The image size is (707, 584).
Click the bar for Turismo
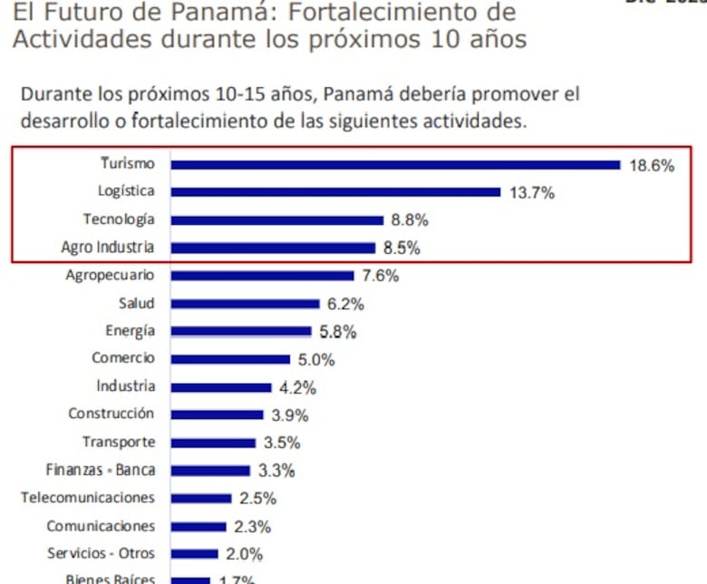(x=395, y=164)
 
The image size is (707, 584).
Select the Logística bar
(x=335, y=192)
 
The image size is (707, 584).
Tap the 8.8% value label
(x=410, y=219)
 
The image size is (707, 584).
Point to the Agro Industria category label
(x=108, y=248)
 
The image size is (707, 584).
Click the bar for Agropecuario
(x=262, y=276)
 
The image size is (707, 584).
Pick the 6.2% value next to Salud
(x=345, y=304)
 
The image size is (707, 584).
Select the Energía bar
(x=241, y=332)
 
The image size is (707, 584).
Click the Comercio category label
(x=123, y=358)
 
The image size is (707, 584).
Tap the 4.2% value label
(x=297, y=388)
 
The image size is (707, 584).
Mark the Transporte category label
(x=119, y=443)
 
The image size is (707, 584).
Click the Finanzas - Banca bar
(x=210, y=471)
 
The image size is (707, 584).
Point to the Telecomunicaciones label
(x=88, y=498)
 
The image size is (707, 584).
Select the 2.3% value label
(x=252, y=527)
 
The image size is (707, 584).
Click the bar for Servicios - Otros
(x=194, y=554)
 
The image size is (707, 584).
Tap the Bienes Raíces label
(x=110, y=579)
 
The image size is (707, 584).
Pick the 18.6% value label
(x=652, y=166)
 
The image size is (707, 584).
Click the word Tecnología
(x=119, y=219)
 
